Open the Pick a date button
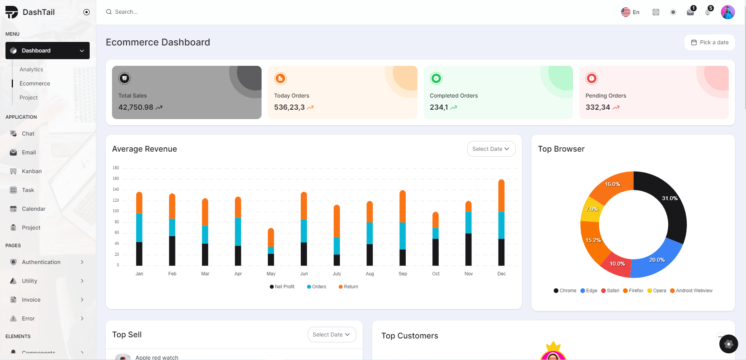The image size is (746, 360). [710, 42]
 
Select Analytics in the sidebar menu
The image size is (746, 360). [31, 69]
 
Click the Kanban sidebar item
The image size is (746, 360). [32, 171]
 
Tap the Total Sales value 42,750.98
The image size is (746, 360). [136, 107]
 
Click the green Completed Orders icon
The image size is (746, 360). [436, 78]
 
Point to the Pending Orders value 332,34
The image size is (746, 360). [598, 107]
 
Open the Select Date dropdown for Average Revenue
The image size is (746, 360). [491, 149]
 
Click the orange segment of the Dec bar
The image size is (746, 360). [501, 196]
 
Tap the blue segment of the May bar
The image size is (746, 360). [271, 250]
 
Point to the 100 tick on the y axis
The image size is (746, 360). [116, 211]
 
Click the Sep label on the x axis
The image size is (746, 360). [403, 274]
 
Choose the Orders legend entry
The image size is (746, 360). [317, 287]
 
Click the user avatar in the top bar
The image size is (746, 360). [728, 12]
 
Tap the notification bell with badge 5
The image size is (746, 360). [708, 12]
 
